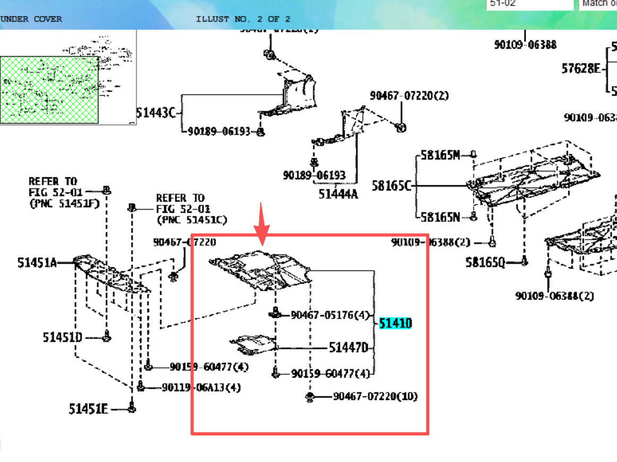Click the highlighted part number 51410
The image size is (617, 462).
point(395,323)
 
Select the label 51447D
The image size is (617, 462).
point(348,348)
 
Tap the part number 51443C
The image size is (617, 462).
point(156,113)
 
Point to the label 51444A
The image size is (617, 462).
point(338,194)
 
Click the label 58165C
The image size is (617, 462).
point(392,186)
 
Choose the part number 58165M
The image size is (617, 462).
point(441,155)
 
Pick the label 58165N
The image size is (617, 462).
point(441,217)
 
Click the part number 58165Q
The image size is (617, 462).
point(485,262)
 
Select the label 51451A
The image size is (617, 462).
point(37,262)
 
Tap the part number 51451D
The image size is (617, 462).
point(63,337)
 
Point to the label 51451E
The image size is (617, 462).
point(88,408)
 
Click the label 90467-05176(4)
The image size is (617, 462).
point(330,315)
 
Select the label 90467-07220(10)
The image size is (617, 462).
point(375,397)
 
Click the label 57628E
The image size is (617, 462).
point(581,69)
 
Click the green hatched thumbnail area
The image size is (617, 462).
point(49,90)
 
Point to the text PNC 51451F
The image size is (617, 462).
point(64,203)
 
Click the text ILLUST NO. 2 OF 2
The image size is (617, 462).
point(243,19)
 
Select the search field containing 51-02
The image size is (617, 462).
point(529,4)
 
